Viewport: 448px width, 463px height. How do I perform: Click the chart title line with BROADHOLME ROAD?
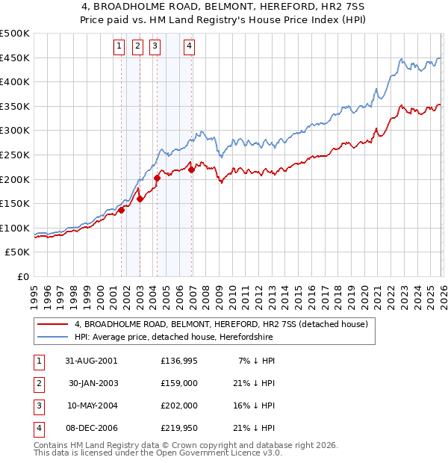[x=224, y=7]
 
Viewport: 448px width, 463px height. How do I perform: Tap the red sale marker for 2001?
[x=121, y=210]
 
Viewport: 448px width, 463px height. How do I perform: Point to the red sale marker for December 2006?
[x=192, y=170]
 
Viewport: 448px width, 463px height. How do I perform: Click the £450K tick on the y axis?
[x=15, y=58]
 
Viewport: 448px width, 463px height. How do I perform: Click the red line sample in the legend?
[x=52, y=325]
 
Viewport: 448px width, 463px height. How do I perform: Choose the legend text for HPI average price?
[x=174, y=338]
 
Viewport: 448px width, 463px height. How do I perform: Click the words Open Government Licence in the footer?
[x=217, y=453]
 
